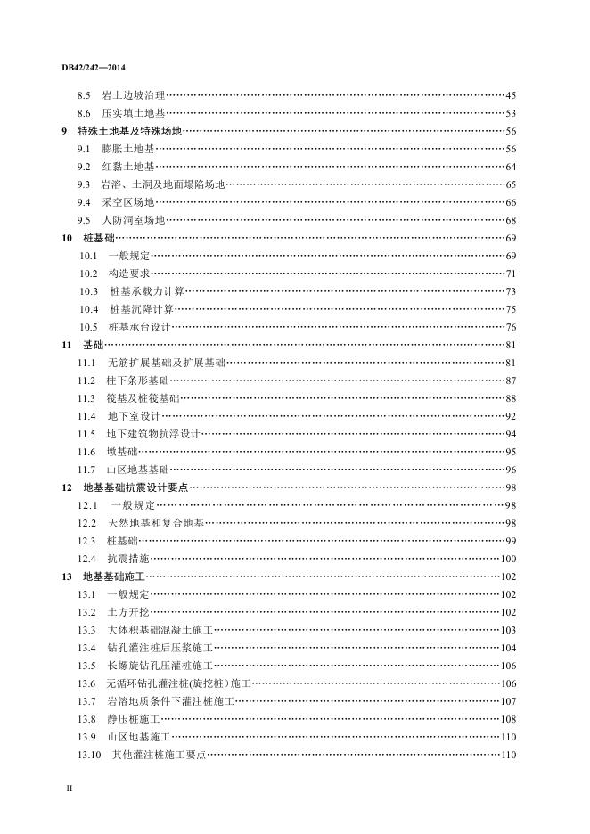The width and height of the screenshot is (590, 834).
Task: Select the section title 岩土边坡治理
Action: (x=134, y=95)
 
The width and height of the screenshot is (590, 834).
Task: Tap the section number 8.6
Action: (x=85, y=113)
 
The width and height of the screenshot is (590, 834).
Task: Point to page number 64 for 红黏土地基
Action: (x=511, y=167)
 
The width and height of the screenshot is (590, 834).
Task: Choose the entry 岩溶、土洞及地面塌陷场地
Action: (x=163, y=184)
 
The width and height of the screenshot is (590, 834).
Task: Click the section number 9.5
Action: (x=85, y=220)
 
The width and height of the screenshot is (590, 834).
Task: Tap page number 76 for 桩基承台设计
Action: (x=511, y=327)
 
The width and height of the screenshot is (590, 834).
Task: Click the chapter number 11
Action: (x=67, y=345)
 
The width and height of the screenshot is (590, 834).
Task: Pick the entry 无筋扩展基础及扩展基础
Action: (x=166, y=363)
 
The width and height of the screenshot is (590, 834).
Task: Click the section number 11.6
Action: (x=86, y=452)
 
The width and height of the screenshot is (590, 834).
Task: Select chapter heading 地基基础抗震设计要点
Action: (x=135, y=487)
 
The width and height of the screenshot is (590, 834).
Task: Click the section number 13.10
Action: (x=89, y=755)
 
